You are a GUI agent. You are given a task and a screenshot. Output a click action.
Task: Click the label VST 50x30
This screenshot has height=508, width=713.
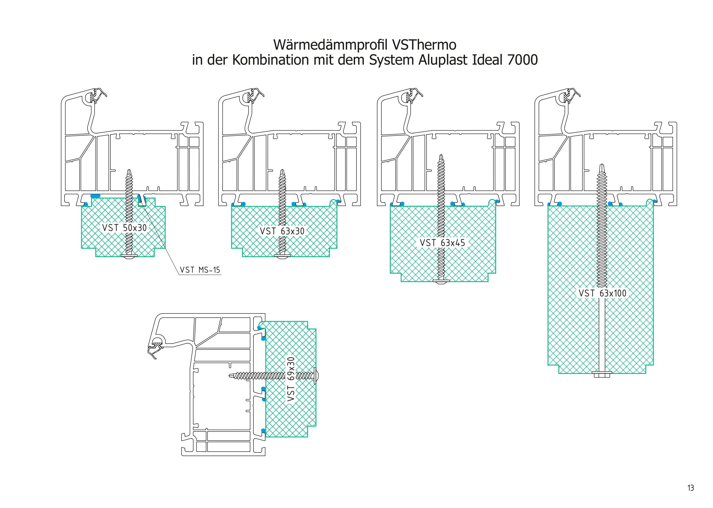124,228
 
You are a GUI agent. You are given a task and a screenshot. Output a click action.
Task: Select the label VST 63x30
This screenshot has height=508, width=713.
282,231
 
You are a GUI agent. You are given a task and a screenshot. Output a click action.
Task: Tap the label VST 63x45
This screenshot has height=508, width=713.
442,243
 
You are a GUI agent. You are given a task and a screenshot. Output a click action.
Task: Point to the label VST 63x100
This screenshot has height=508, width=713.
602,293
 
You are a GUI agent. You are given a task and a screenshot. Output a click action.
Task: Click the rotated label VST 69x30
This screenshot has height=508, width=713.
291,379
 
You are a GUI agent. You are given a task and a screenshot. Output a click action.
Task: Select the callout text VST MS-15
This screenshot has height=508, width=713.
200,270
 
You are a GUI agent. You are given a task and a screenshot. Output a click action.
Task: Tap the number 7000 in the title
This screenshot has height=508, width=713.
522,60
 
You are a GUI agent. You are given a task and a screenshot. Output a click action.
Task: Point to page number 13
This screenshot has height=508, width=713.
691,488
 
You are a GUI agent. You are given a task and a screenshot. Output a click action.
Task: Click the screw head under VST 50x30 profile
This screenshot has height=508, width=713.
129,256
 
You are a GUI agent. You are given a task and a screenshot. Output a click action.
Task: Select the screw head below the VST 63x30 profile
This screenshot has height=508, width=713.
282,256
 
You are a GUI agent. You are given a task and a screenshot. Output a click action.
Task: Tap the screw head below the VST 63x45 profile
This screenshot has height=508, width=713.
441,281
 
